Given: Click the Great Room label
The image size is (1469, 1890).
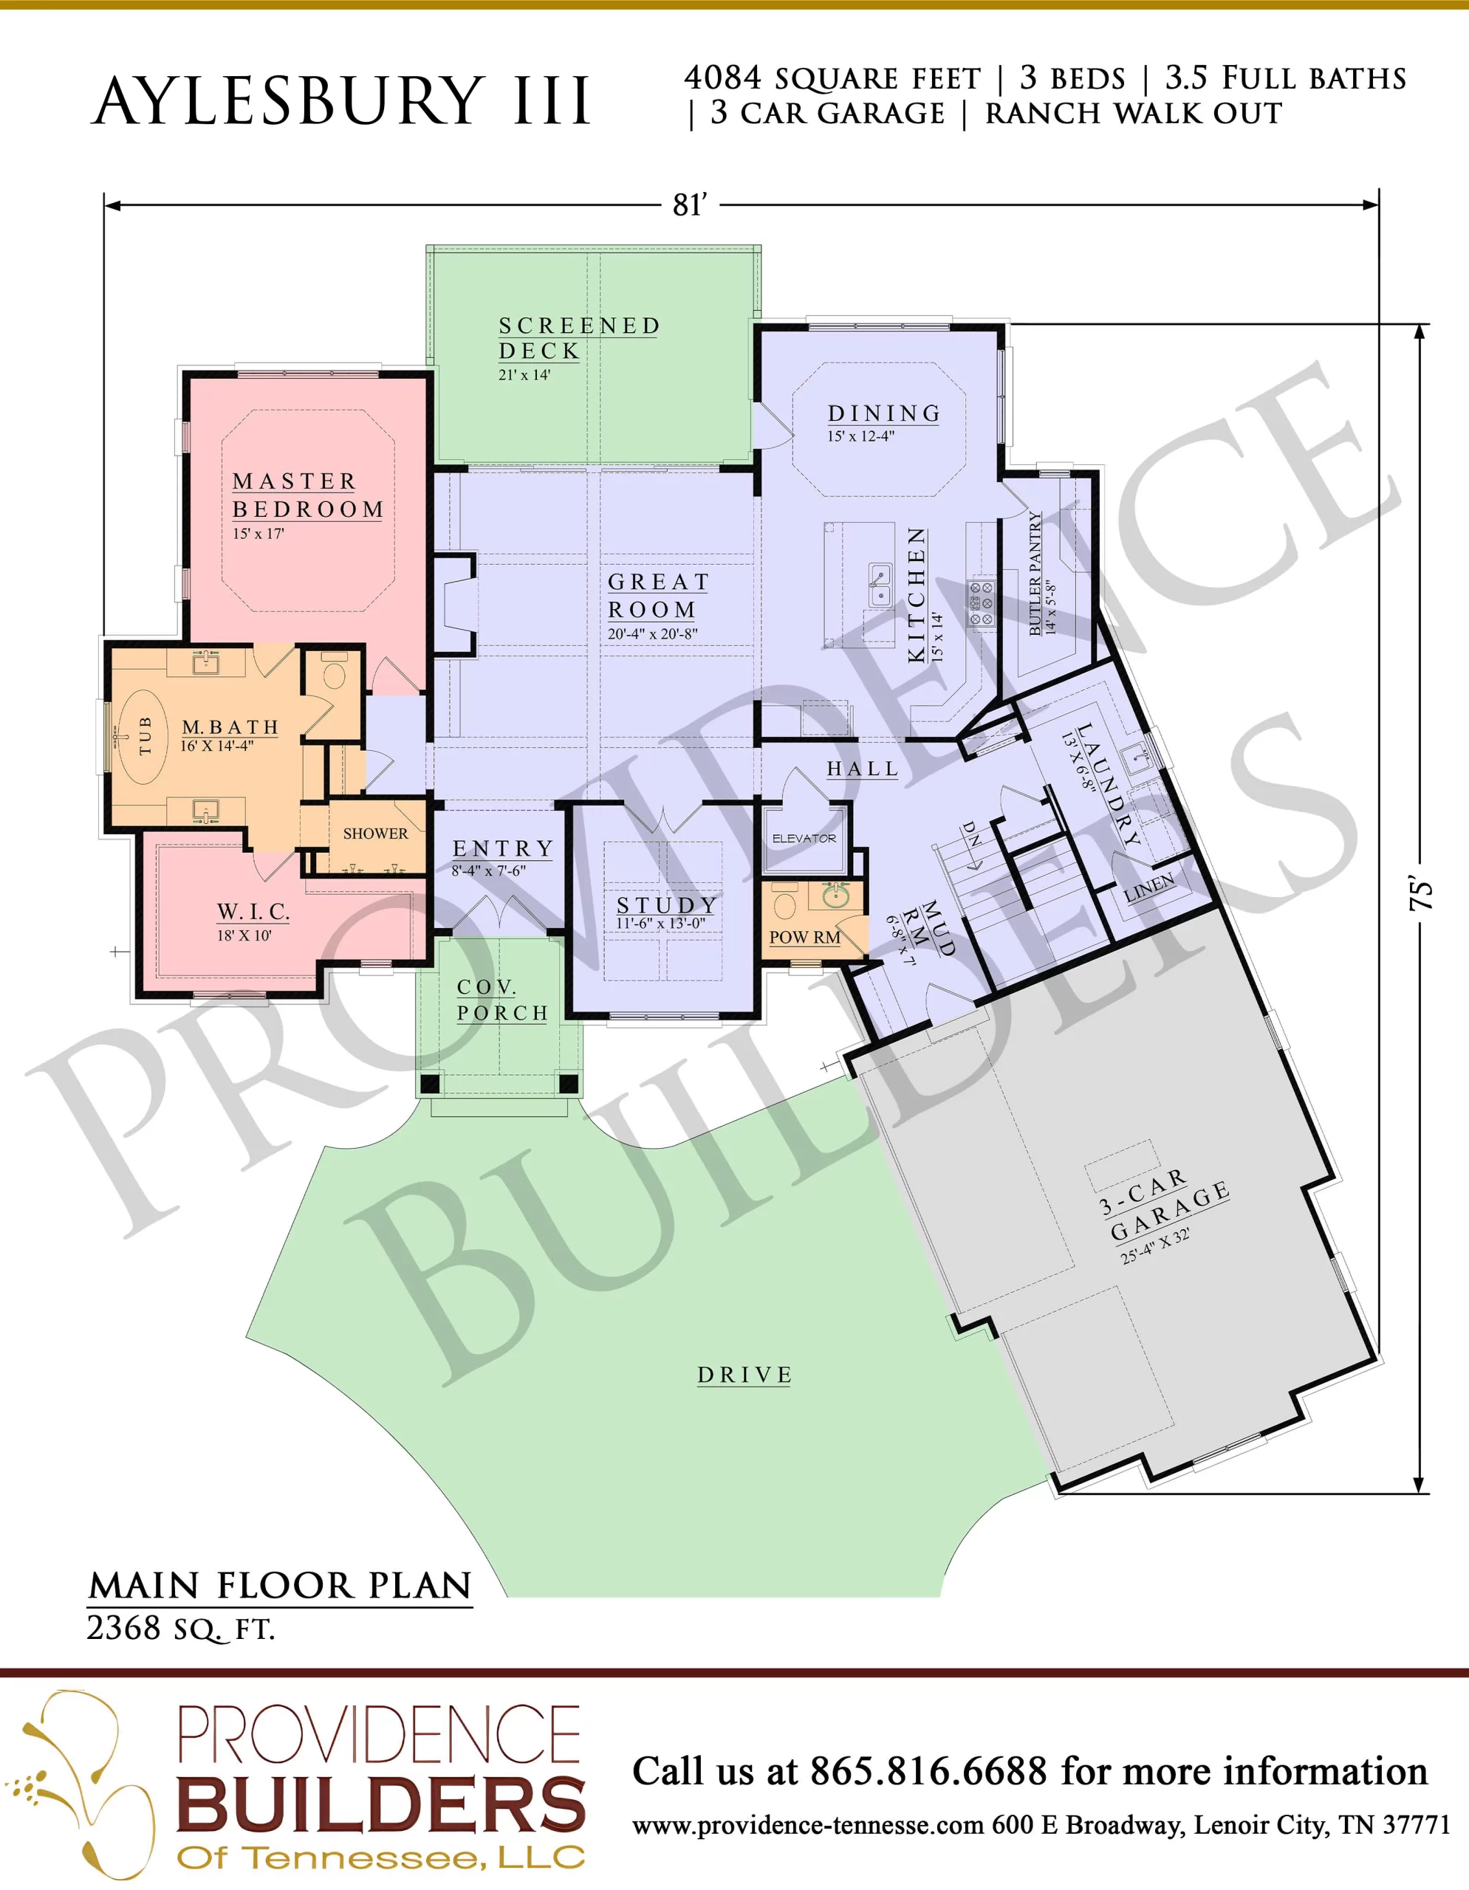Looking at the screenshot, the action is (658, 595).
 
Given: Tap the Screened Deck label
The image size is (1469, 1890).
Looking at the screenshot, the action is (578, 338).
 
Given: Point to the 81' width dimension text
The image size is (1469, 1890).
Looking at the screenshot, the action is (690, 205).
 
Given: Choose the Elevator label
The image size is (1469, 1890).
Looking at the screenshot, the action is (804, 839).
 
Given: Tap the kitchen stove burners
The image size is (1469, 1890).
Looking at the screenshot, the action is (981, 603).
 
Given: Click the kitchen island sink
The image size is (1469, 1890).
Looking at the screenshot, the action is (880, 585).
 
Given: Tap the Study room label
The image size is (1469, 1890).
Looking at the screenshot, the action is (666, 904).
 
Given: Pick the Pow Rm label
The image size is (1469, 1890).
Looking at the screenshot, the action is (804, 937).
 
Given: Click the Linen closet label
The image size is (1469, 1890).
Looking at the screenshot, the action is (1148, 888).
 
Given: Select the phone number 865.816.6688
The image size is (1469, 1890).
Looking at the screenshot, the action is (928, 1771).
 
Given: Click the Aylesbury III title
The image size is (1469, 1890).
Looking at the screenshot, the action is (341, 101).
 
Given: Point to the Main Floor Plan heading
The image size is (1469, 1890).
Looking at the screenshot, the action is (280, 1585).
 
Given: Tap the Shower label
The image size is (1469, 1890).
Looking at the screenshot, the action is (375, 834).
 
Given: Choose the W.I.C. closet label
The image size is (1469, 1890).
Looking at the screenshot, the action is (253, 911).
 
